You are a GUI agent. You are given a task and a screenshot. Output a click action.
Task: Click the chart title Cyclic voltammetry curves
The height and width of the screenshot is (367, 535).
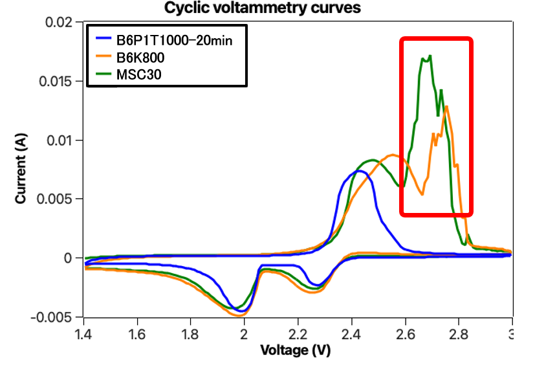tap(261, 8)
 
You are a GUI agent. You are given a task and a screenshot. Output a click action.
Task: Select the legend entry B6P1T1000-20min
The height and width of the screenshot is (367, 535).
tap(174, 41)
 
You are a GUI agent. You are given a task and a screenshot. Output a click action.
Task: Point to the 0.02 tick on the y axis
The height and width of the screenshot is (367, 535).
tap(60, 23)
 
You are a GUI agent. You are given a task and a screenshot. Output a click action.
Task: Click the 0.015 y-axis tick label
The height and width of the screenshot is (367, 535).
tap(56, 82)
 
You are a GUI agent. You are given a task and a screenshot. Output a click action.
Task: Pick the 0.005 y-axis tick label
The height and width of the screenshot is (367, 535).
tap(56, 199)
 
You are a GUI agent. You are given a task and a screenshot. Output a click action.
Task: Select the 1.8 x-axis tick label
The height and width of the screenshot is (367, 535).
tap(190, 333)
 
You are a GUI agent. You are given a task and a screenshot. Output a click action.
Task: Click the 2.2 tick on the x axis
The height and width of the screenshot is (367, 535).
tap(298, 333)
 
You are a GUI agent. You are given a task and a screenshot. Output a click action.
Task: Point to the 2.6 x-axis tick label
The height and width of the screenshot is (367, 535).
tap(405, 333)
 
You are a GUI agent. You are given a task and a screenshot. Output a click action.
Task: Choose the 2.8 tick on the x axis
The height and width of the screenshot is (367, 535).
tap(459, 333)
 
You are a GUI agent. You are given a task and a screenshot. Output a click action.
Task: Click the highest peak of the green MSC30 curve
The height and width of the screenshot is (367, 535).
tap(430, 56)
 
